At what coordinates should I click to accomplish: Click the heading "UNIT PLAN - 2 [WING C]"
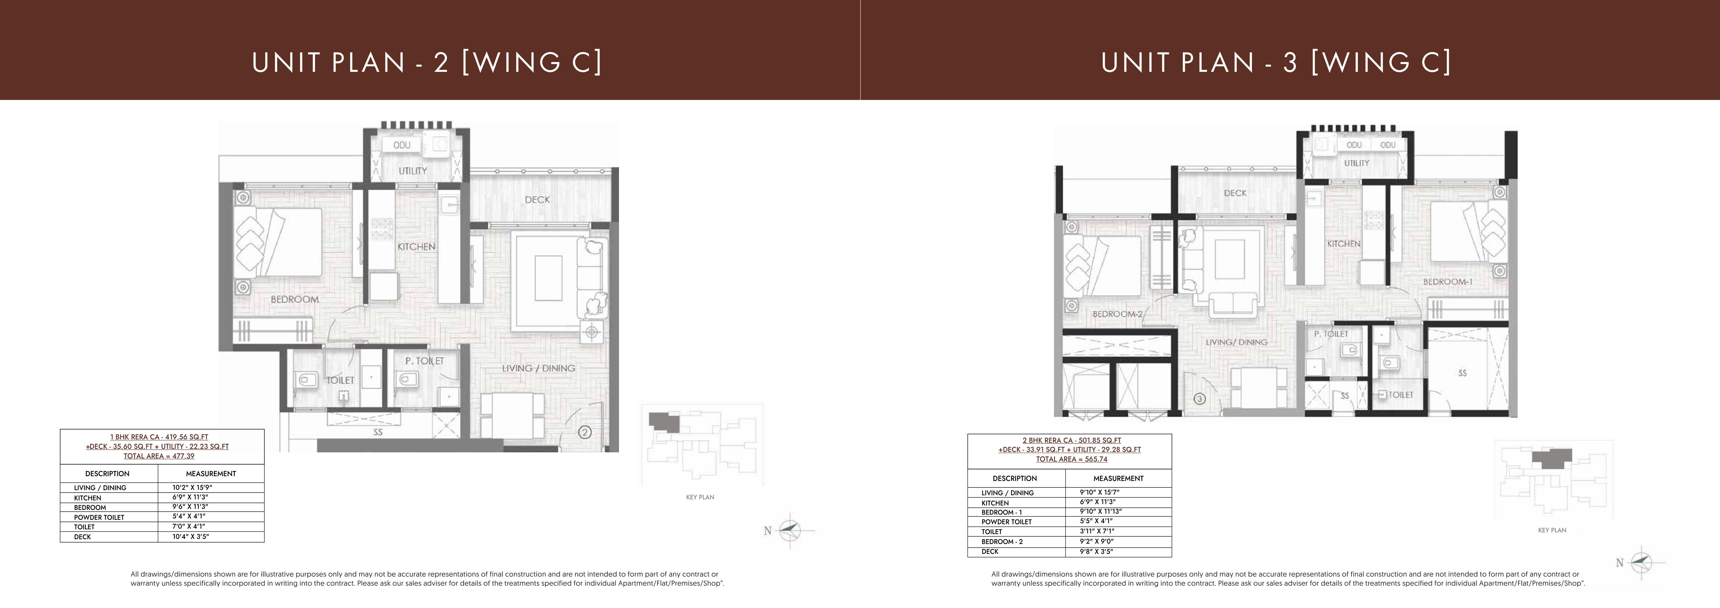click(x=427, y=62)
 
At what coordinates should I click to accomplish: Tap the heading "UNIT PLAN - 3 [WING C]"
click(x=1276, y=62)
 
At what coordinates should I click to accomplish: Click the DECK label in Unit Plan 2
click(x=538, y=200)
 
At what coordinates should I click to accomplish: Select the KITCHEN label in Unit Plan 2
click(x=417, y=246)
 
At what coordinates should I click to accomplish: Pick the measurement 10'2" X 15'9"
click(x=192, y=487)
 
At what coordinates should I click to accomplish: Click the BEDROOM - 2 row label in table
click(x=1002, y=541)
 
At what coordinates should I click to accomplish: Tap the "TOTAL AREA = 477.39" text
click(x=159, y=456)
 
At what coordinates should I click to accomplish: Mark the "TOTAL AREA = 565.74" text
click(x=1072, y=459)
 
